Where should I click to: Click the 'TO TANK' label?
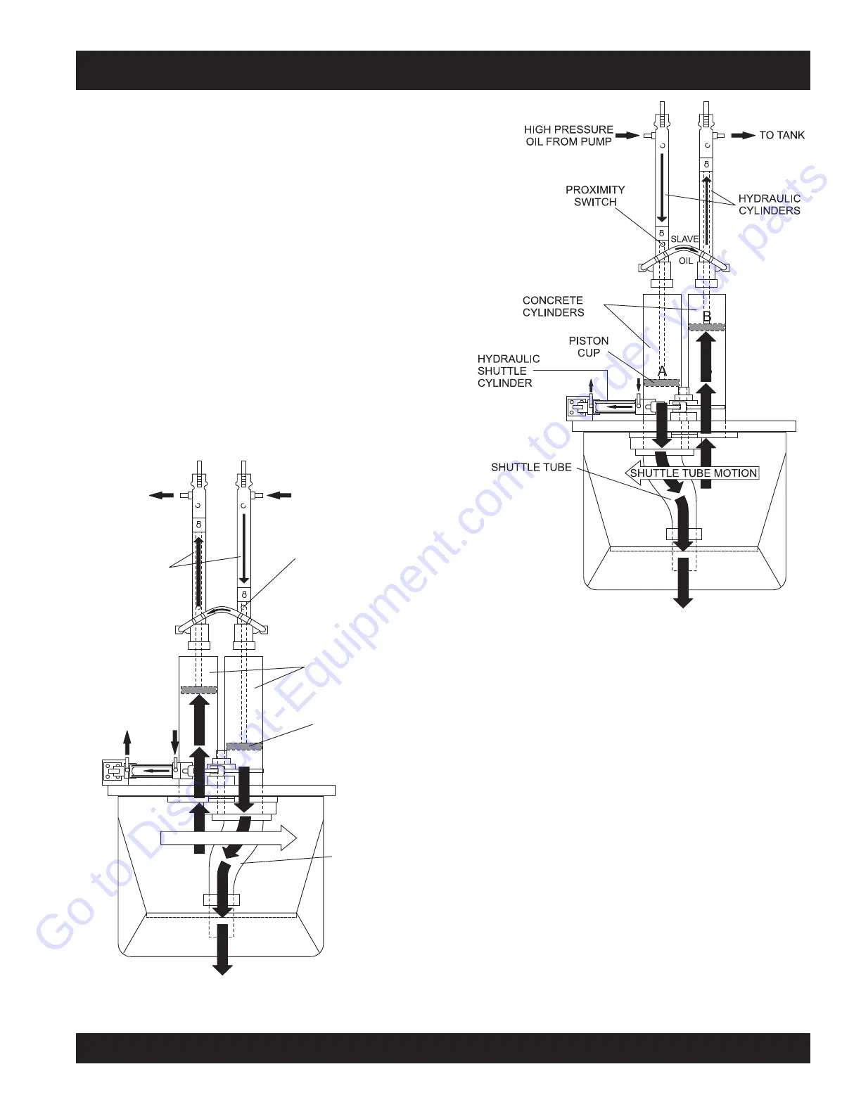pyautogui.click(x=782, y=135)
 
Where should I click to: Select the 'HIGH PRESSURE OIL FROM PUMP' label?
pyautogui.click(x=568, y=136)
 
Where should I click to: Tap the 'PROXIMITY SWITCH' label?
pyautogui.click(x=595, y=196)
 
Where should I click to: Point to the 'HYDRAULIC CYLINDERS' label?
pyautogui.click(x=769, y=205)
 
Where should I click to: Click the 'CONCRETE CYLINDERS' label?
pyautogui.click(x=553, y=307)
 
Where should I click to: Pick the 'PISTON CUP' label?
pyautogui.click(x=589, y=347)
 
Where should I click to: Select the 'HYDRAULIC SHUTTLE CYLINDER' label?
pyautogui.click(x=508, y=371)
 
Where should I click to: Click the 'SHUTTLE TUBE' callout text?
pyautogui.click(x=531, y=467)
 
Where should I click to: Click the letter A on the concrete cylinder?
pyautogui.click(x=662, y=371)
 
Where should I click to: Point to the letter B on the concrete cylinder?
pyautogui.click(x=707, y=316)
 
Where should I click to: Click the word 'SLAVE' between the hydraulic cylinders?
pyautogui.click(x=684, y=239)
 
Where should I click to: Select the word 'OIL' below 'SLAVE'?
pyautogui.click(x=686, y=261)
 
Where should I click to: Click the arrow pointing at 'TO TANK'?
pyautogui.click(x=743, y=135)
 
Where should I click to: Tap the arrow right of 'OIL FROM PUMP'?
pyautogui.click(x=627, y=135)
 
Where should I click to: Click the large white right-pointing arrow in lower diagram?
pyautogui.click(x=229, y=838)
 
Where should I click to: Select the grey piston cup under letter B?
pyautogui.click(x=706, y=327)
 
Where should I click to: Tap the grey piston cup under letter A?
pyautogui.click(x=662, y=383)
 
